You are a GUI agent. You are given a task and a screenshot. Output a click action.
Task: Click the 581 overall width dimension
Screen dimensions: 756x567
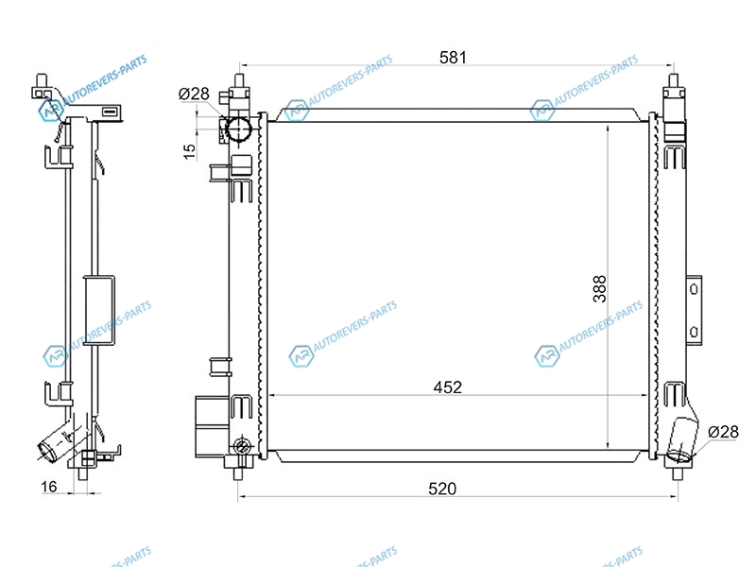point(454,58)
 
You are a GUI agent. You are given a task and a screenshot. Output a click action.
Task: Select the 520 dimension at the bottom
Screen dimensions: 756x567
point(442,489)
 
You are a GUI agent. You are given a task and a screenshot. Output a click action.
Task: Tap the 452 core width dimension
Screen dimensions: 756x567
point(447,387)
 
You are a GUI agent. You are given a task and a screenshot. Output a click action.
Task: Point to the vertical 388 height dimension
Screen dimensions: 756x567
point(599,289)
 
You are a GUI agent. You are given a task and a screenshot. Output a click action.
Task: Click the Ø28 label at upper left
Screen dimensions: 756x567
point(194,94)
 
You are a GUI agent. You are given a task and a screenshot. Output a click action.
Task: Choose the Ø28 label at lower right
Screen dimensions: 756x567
point(723,432)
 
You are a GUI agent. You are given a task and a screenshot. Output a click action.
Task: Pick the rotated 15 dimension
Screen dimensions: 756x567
point(190,151)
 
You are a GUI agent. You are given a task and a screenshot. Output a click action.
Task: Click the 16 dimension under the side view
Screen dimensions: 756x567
point(49,487)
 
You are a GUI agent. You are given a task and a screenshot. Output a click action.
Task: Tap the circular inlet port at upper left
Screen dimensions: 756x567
point(239,129)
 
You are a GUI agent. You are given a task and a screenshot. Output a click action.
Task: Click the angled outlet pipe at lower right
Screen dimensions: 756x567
point(681,439)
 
